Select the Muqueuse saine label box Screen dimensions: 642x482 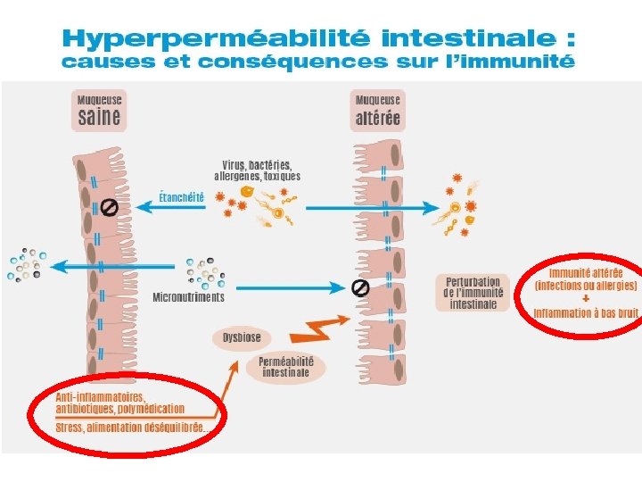coord(99,110)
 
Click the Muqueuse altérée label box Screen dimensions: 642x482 coord(378,110)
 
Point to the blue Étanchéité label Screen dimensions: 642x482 coord(181,196)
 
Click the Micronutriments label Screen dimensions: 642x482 coord(188,296)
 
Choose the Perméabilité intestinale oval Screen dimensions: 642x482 coord(285,367)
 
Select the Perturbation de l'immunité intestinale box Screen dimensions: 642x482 coord(473,293)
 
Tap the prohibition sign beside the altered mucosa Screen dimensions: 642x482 coord(360,287)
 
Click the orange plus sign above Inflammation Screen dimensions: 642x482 coord(585,299)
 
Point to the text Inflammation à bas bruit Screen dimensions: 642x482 coord(586,313)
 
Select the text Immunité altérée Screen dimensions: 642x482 coord(586,272)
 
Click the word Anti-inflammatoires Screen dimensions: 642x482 coord(101,397)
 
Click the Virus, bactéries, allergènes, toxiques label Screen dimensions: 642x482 coord(261,170)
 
